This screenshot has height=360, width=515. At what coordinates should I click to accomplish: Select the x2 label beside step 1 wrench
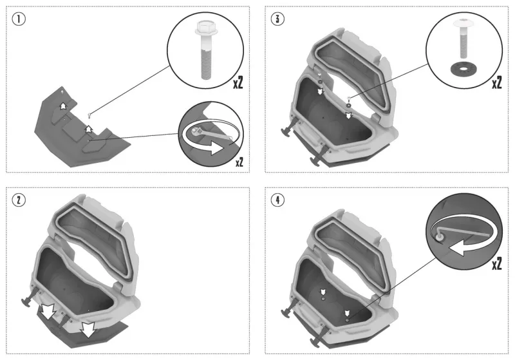[239, 162]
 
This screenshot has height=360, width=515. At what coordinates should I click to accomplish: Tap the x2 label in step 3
[496, 83]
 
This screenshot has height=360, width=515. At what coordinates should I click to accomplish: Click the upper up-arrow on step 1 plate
[62, 106]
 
